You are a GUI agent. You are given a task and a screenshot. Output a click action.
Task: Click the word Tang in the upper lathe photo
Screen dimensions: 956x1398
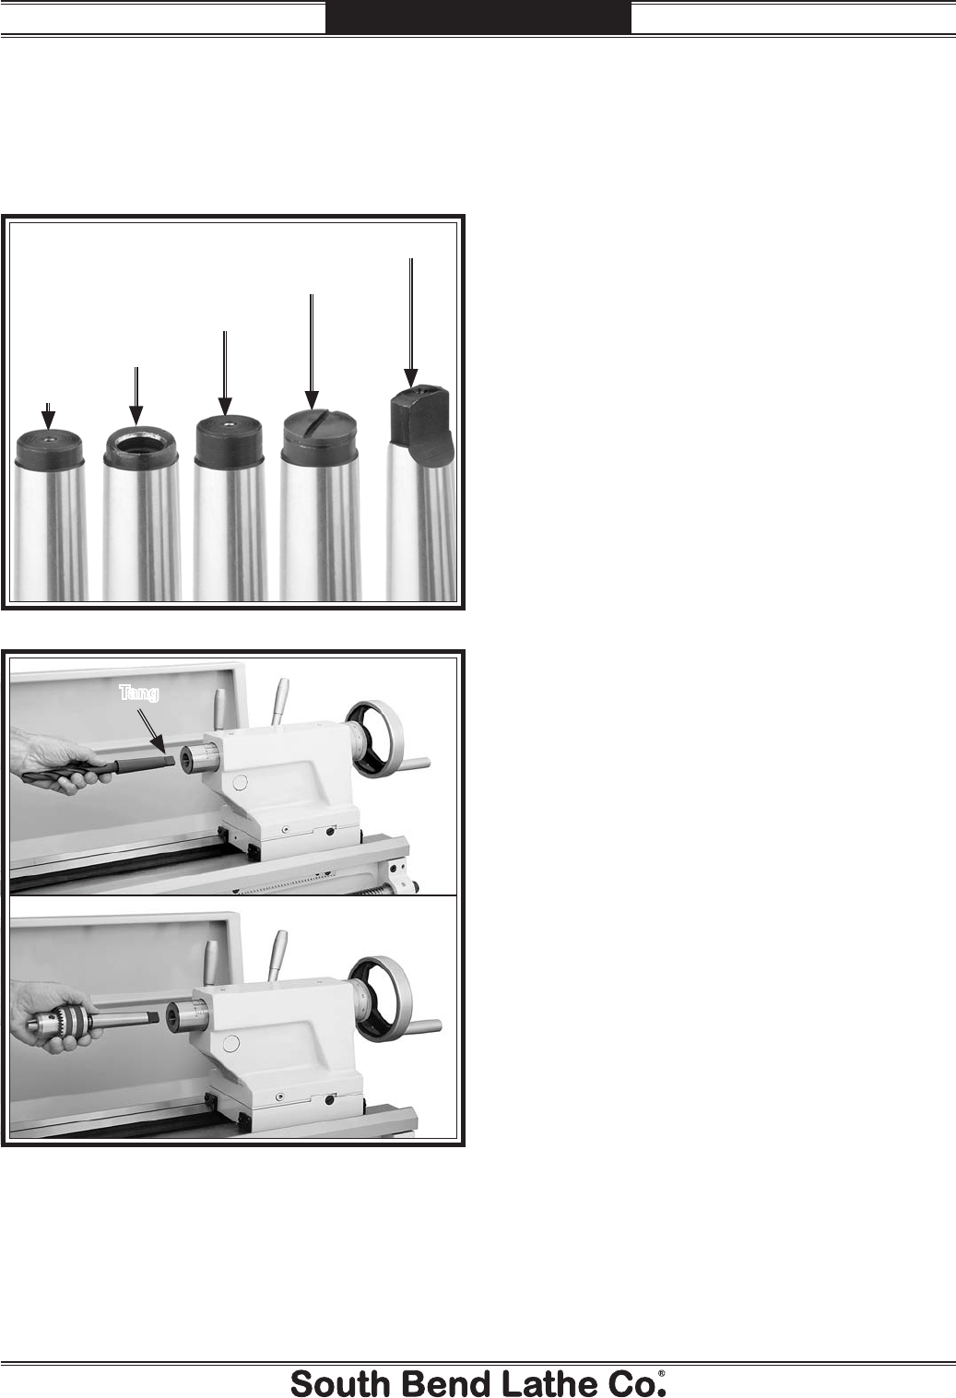[138, 693]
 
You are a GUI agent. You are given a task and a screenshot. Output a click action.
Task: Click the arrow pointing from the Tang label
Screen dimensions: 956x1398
[151, 729]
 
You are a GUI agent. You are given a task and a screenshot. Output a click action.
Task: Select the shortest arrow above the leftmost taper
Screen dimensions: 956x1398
[48, 417]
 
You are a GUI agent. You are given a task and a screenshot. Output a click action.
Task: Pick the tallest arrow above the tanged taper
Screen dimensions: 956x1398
[410, 323]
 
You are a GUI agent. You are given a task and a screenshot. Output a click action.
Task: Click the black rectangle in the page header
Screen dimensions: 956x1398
[478, 17]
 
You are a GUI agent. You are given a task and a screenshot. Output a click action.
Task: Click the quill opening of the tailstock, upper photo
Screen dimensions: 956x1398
[187, 762]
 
